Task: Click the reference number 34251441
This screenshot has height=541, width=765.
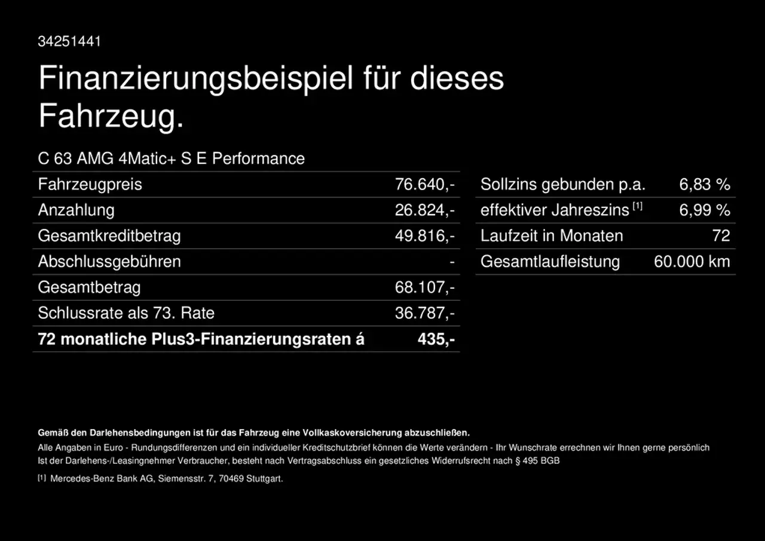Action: [x=69, y=41]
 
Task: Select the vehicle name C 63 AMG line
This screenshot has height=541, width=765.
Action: [x=171, y=158]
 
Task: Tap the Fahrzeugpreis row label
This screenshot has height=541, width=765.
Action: [x=90, y=184]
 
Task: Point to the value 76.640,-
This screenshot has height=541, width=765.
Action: [x=424, y=184]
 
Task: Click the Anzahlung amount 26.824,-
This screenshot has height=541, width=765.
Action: [x=424, y=210]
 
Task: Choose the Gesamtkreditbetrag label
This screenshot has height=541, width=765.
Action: [x=109, y=236]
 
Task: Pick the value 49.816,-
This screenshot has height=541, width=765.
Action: [x=424, y=236]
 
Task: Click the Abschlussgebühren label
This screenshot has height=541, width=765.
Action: [x=109, y=261]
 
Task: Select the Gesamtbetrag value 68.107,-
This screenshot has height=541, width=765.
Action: [x=424, y=287]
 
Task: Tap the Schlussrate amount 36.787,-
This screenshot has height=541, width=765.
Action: [x=424, y=313]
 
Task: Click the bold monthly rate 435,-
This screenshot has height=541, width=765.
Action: [x=436, y=339]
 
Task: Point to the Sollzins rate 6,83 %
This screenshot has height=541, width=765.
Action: [x=705, y=184]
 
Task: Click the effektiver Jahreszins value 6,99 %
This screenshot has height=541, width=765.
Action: [x=705, y=210]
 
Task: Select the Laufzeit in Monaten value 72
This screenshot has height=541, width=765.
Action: [x=721, y=236]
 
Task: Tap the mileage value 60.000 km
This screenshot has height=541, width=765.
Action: [x=691, y=261]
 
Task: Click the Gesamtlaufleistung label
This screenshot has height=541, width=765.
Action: [x=550, y=261]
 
